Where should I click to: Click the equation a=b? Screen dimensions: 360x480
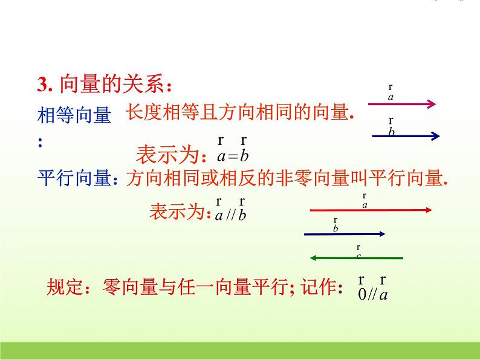pos(233,156)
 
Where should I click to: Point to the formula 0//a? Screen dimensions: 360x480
pos(372,295)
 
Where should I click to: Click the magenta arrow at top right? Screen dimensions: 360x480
pos(401,104)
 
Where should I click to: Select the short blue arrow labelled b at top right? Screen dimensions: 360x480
pos(405,137)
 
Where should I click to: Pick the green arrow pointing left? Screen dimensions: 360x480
pos(357,258)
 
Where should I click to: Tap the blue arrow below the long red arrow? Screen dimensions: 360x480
pos(345,233)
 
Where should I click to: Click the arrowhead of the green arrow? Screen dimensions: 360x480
pos(314,258)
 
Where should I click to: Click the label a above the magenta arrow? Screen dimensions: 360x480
pos(391,96)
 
